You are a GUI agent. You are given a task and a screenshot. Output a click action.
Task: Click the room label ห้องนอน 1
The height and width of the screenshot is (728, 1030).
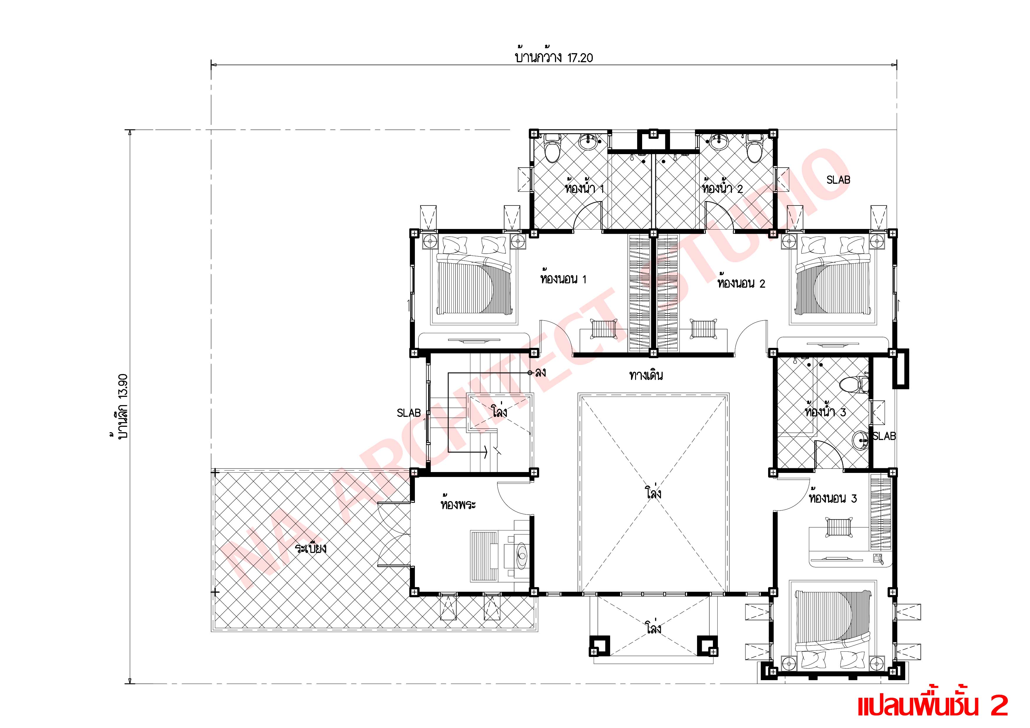coord(563,279)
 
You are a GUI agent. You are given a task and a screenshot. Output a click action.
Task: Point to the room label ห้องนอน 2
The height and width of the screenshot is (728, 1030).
coord(741,284)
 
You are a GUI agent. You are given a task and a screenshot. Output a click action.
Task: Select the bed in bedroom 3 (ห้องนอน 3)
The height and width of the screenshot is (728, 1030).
coord(832,628)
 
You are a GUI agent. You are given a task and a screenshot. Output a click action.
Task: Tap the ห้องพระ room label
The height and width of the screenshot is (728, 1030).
coord(457,505)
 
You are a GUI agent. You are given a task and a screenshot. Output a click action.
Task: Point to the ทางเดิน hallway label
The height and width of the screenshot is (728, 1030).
coord(646,375)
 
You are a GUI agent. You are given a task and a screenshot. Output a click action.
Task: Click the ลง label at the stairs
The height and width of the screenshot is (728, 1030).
coord(540,372)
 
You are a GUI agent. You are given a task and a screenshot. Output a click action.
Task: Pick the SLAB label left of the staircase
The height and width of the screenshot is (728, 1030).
coord(408,413)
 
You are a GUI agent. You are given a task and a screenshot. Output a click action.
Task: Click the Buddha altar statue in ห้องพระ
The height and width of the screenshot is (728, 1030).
coord(522,556)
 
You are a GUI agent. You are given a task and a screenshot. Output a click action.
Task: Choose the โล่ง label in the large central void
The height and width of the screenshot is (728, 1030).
coord(654,494)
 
